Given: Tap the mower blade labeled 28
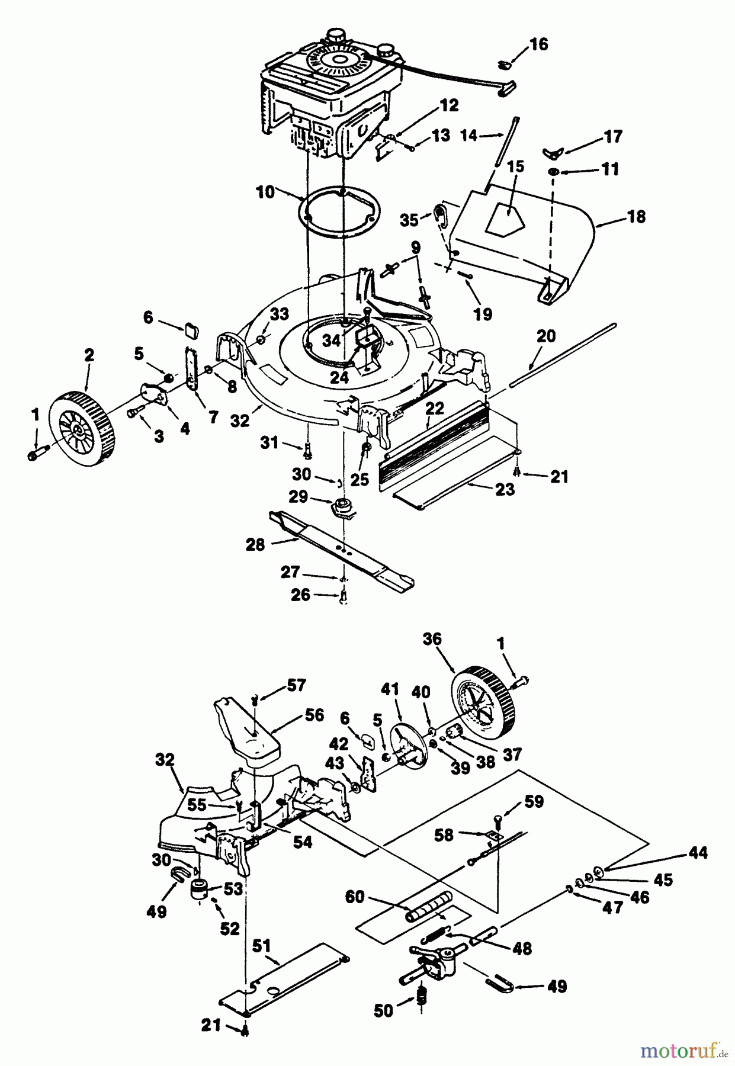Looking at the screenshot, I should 341,548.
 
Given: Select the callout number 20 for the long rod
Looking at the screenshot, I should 545,336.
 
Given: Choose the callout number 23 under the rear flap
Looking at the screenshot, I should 505,490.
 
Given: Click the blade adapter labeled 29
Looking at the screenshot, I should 341,508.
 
